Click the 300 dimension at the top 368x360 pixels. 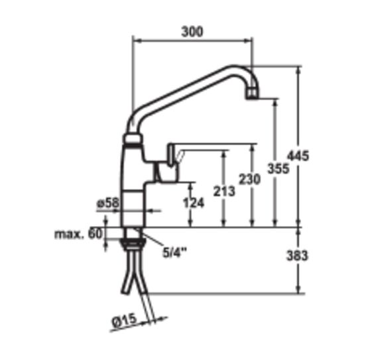point(192,32)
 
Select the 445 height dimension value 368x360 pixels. point(298,156)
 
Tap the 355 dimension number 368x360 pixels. point(278,168)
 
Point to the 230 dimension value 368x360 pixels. point(250,179)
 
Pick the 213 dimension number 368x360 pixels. point(224,191)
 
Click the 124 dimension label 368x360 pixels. point(194,203)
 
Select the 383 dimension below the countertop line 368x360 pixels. point(297,255)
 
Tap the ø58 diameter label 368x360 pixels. point(108,203)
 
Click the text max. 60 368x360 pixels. point(79,234)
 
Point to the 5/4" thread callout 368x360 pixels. point(174,253)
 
